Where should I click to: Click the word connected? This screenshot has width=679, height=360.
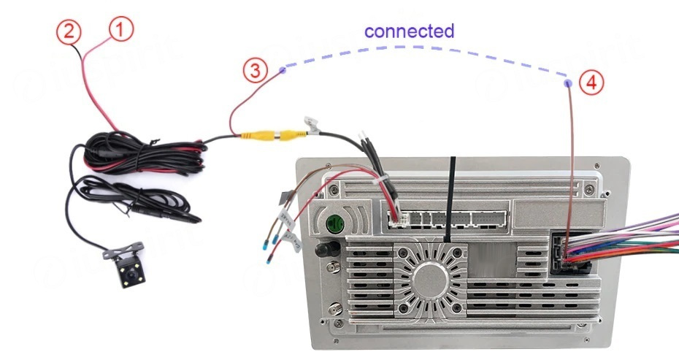tap(409, 31)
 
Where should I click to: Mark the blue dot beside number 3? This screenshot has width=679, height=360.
tap(283, 70)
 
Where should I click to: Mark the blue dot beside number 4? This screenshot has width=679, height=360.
tap(569, 84)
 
